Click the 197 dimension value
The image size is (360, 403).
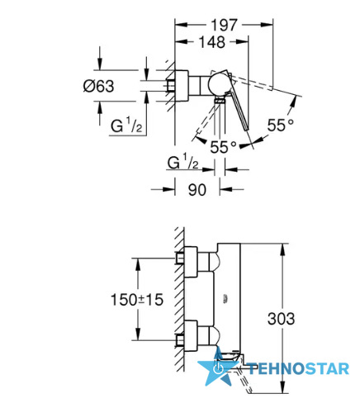224,25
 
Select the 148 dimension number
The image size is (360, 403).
212,42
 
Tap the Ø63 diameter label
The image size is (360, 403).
98,86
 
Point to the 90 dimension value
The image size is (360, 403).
197,190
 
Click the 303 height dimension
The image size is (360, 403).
281,319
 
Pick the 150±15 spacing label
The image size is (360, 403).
137,300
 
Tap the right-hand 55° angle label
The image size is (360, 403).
281,126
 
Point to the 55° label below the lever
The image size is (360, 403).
223,147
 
